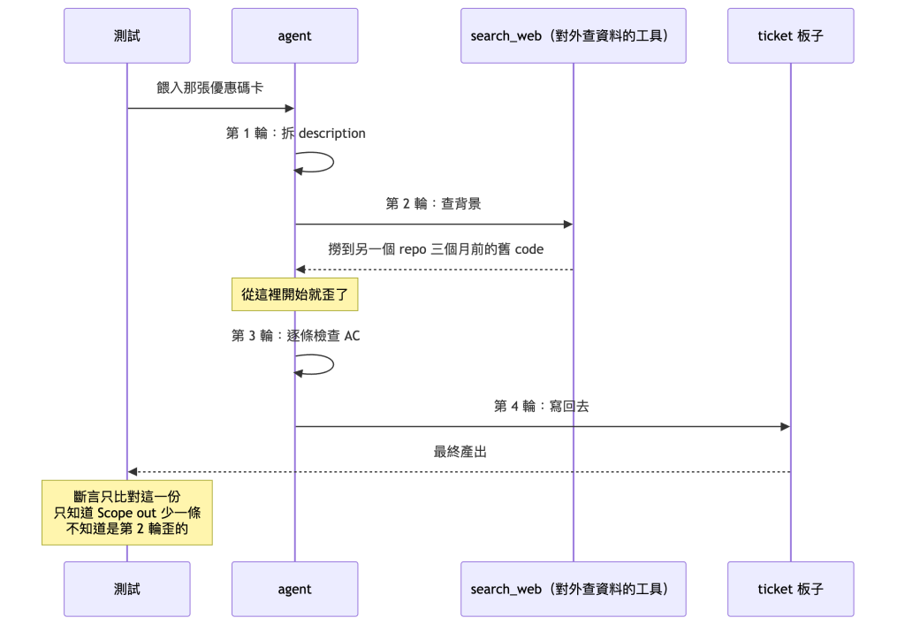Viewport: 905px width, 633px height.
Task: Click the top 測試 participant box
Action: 127,36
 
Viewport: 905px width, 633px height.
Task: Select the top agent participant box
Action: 295,36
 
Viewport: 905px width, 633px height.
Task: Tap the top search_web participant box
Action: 573,36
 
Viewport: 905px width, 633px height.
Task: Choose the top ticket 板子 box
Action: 791,36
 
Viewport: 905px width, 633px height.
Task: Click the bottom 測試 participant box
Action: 127,589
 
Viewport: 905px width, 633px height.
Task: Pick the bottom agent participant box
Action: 295,589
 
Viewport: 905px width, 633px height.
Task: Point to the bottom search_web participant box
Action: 573,589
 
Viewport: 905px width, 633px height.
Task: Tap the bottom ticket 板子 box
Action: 791,589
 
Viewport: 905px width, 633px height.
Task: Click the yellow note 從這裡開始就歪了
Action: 295,294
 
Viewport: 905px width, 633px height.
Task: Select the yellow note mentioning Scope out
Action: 127,512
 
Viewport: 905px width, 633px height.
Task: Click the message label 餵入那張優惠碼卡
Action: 210,88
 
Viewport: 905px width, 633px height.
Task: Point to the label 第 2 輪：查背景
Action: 433,203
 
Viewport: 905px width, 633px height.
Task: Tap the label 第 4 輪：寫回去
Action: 542,406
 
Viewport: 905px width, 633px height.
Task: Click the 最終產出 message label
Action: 460,452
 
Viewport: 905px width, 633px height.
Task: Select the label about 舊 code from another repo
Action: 436,249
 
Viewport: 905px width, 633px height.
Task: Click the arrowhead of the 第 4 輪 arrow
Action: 785,427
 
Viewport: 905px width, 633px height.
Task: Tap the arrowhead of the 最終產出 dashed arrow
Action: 133,472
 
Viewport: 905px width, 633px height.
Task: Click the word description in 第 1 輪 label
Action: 332,133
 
